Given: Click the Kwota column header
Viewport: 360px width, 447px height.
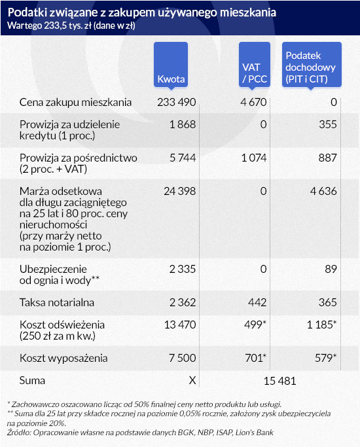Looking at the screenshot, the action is tap(171, 65).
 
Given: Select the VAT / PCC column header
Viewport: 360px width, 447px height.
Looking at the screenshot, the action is tap(254, 65).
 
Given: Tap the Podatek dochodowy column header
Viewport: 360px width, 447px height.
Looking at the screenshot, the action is tap(312, 65).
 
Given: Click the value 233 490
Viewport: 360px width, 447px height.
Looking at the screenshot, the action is tap(177, 102).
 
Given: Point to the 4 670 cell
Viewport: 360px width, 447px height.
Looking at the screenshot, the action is tap(253, 102).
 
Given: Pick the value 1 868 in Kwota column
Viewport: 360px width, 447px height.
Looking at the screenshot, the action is tap(183, 124).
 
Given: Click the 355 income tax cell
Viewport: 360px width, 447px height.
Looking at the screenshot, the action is tap(328, 124).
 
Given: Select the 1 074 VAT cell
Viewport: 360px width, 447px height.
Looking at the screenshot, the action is tap(254, 158).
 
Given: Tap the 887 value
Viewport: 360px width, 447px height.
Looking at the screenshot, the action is tap(328, 158).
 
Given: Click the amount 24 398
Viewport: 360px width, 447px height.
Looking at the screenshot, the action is tap(179, 191).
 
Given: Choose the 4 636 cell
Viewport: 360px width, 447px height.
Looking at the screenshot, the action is tap(323, 191).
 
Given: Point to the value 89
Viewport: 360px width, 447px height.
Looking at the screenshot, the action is tap(331, 269).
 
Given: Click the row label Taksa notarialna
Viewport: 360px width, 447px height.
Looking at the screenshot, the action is tap(57, 302).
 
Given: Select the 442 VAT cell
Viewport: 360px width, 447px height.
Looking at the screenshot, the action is tap(257, 302).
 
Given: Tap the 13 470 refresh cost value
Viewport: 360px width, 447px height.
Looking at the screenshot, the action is tap(180, 325).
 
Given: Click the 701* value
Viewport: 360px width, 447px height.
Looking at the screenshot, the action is tap(256, 358).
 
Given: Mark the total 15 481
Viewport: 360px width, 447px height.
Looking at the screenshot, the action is tap(280, 381).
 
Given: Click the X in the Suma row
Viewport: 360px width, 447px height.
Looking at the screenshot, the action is tap(192, 380).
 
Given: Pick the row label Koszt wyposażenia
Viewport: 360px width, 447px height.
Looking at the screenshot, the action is tap(63, 359).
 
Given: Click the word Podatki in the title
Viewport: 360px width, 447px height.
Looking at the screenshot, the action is tap(27, 12).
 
